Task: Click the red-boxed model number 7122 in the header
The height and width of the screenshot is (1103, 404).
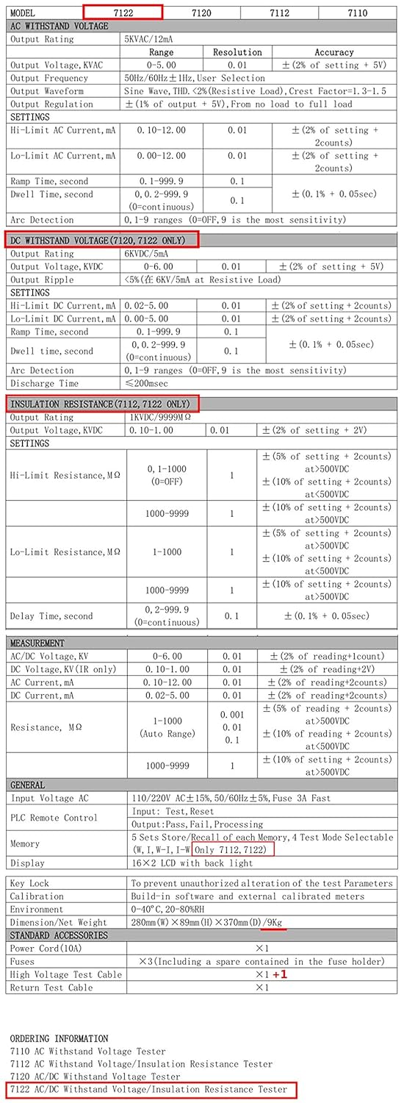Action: coord(122,13)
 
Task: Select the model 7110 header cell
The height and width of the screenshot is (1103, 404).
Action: coord(358,13)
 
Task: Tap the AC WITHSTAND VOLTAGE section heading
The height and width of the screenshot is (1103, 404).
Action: coord(59,26)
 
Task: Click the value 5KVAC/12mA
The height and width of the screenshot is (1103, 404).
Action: coord(154,39)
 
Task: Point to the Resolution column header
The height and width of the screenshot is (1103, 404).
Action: coord(237,52)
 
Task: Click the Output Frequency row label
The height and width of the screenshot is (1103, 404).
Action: coord(47,78)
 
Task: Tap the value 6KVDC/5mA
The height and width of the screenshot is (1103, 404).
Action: coord(151,254)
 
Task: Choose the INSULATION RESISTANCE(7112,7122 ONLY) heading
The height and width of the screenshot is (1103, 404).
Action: coord(102,404)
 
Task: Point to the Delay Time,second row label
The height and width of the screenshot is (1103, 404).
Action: coord(51,616)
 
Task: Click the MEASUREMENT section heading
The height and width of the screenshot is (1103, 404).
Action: coord(37,643)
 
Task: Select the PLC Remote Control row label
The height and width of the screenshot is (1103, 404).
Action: coord(54,818)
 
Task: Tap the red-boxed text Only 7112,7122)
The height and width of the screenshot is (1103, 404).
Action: coord(234,850)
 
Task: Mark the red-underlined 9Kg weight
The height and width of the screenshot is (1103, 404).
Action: coord(275,922)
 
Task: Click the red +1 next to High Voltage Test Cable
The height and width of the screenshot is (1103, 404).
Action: coord(280,974)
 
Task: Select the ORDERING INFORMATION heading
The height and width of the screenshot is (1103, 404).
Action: coord(59,1038)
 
